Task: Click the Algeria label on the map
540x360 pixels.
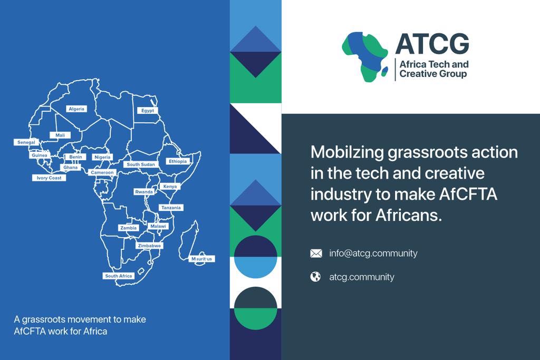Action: pos(76,109)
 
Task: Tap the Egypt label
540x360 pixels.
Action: pos(148,111)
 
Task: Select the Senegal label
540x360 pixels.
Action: pos(26,142)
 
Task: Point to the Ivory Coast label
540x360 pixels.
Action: pos(49,178)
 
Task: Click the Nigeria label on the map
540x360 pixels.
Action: pos(102,157)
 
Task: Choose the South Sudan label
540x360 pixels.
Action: pos(141,164)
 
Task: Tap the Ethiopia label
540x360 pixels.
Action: pos(178,161)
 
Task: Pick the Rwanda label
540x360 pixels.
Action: pos(143,192)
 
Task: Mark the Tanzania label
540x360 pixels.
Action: pos(171,208)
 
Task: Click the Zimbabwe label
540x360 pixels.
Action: pos(149,246)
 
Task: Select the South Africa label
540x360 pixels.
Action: pos(119,276)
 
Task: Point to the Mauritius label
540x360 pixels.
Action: pos(202,259)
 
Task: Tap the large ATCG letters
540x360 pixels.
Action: pos(432,44)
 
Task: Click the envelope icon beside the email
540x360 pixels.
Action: pos(316,254)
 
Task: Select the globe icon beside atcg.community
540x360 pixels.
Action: pos(315,277)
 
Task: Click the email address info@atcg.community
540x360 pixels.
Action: pos(373,254)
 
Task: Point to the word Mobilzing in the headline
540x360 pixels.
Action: pos(345,152)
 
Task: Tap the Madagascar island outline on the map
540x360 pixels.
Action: pos(188,240)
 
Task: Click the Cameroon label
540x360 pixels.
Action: pos(102,172)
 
